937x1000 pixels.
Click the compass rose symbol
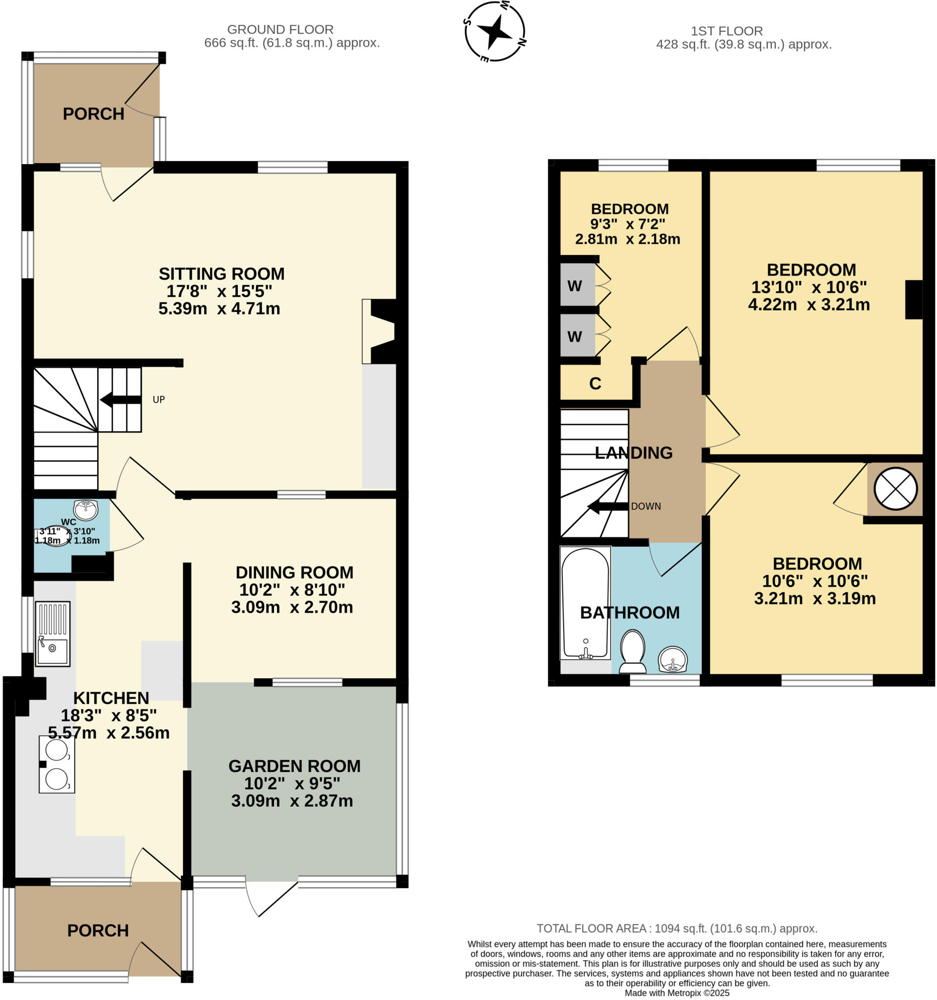point(495,31)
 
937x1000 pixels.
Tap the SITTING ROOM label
point(221,274)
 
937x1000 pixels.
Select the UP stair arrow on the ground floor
point(121,400)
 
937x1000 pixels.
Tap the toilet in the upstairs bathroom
point(633,651)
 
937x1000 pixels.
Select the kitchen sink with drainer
point(52,634)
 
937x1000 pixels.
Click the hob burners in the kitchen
point(57,765)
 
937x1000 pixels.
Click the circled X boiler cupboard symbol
point(895,488)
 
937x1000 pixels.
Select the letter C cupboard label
point(595,384)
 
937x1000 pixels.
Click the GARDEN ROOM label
point(295,766)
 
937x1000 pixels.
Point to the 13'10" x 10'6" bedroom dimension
point(809,287)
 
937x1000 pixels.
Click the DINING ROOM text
point(295,572)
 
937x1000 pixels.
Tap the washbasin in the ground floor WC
point(85,510)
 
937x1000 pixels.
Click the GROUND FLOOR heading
point(280,30)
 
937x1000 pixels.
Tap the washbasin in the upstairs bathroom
point(673,660)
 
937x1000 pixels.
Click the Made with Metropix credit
point(677,994)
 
